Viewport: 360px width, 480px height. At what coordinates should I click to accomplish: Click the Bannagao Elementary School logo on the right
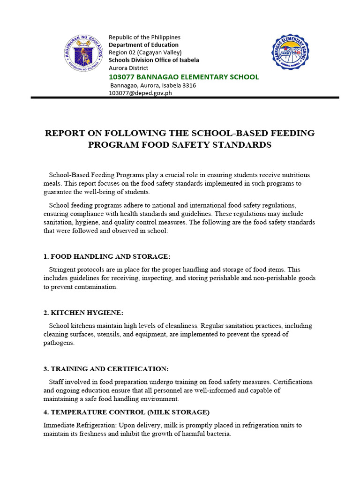coord(290,52)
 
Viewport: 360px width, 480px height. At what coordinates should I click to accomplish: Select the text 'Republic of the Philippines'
coord(144,37)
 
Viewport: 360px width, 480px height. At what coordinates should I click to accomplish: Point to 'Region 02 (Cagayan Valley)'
coord(145,52)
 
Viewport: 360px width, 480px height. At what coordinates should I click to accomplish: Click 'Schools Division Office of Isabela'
coord(154,60)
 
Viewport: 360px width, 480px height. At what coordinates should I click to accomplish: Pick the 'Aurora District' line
coord(128,68)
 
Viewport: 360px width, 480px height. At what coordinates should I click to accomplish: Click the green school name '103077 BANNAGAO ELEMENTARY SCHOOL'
coord(183,77)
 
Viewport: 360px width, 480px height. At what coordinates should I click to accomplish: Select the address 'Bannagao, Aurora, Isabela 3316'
coord(153,86)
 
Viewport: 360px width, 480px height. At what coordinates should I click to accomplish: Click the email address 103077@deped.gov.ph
coord(140,93)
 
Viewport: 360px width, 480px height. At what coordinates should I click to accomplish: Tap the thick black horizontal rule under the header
coord(185,97)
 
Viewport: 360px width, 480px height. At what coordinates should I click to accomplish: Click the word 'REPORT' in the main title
coord(64,133)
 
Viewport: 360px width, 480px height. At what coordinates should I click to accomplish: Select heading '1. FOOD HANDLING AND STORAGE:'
coord(107,256)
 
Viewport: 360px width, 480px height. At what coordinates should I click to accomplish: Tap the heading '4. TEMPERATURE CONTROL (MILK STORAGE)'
coord(126,412)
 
